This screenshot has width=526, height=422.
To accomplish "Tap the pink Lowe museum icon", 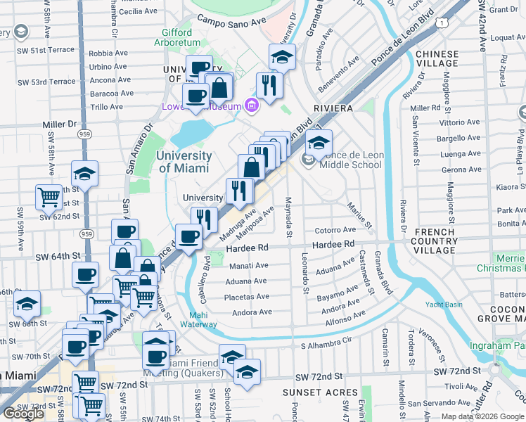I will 252,106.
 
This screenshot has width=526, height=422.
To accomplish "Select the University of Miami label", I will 185,162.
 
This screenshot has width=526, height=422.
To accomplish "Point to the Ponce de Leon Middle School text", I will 350,160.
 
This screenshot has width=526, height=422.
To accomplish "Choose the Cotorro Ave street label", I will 335,230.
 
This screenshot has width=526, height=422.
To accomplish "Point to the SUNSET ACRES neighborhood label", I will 312,391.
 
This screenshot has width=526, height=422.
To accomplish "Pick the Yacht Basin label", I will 443,304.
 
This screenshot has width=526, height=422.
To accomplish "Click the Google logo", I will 23,414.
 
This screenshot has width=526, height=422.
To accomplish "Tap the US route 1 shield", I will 440,23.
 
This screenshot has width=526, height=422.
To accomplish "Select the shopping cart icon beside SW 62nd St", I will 49,198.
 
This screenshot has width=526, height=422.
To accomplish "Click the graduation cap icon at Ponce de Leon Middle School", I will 319,142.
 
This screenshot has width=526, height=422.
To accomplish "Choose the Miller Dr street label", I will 59,124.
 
